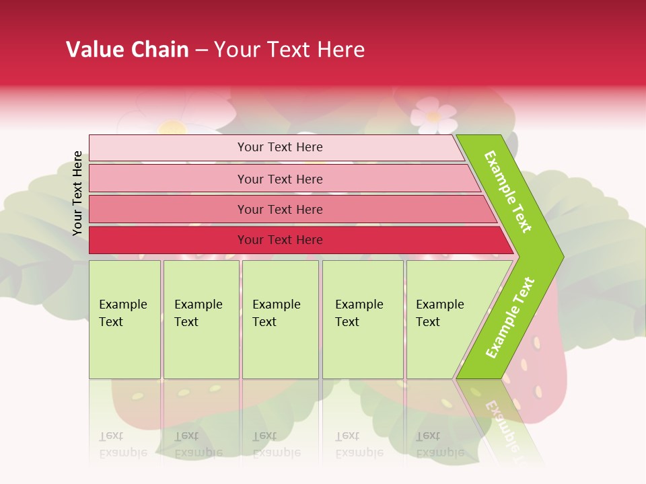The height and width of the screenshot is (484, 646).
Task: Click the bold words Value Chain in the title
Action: [127, 50]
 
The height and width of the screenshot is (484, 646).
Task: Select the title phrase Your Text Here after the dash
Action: [289, 50]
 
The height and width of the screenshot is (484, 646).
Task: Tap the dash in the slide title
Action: [201, 50]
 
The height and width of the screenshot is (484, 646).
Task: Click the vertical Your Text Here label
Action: [78, 194]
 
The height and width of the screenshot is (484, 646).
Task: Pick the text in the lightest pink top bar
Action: [280, 147]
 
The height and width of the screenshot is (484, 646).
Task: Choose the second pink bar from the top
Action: [280, 179]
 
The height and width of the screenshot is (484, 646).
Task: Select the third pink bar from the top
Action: [280, 209]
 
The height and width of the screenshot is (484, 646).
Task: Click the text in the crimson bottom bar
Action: [280, 240]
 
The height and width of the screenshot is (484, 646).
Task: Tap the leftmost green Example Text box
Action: [124, 319]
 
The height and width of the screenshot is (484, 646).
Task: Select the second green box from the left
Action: [201, 319]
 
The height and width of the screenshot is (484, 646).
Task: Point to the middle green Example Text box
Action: [279, 319]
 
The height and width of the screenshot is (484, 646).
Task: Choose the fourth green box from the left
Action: [362, 319]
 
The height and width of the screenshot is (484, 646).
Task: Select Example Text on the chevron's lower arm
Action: [509, 318]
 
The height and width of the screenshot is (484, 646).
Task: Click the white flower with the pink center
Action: [433, 114]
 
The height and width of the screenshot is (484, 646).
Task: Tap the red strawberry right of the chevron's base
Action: [538, 376]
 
